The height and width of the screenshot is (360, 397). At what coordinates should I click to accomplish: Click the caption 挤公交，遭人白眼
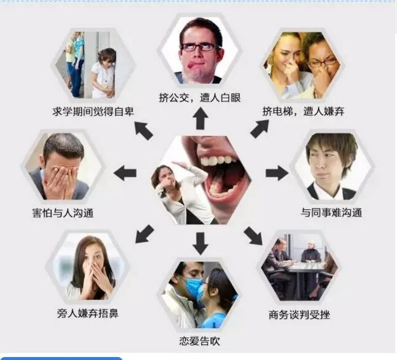(x=199, y=97)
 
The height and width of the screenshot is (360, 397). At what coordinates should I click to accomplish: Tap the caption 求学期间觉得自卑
(x=93, y=111)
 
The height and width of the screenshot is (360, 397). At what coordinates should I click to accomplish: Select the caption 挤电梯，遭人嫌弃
(x=303, y=111)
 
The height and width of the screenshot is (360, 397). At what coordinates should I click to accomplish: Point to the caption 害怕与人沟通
(x=63, y=213)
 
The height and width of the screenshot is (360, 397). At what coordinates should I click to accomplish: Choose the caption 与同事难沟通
(x=332, y=212)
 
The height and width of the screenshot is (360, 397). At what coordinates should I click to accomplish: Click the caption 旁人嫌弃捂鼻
(x=88, y=313)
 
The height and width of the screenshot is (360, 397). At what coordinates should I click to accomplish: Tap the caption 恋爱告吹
(x=200, y=341)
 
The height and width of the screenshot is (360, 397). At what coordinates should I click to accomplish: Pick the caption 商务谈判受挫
(x=299, y=315)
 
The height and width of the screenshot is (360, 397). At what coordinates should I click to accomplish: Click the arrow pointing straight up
(x=201, y=118)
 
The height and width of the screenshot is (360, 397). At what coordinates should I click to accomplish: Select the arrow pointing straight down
(x=201, y=243)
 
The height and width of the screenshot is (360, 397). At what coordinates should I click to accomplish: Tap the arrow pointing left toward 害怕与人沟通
(x=125, y=173)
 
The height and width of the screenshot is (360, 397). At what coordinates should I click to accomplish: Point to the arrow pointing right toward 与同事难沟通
(x=277, y=173)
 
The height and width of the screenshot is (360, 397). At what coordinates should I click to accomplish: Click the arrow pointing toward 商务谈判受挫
(x=253, y=236)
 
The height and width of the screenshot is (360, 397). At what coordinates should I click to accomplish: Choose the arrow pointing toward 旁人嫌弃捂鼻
(x=145, y=234)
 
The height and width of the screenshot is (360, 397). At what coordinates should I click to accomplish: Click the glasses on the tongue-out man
(x=199, y=47)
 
